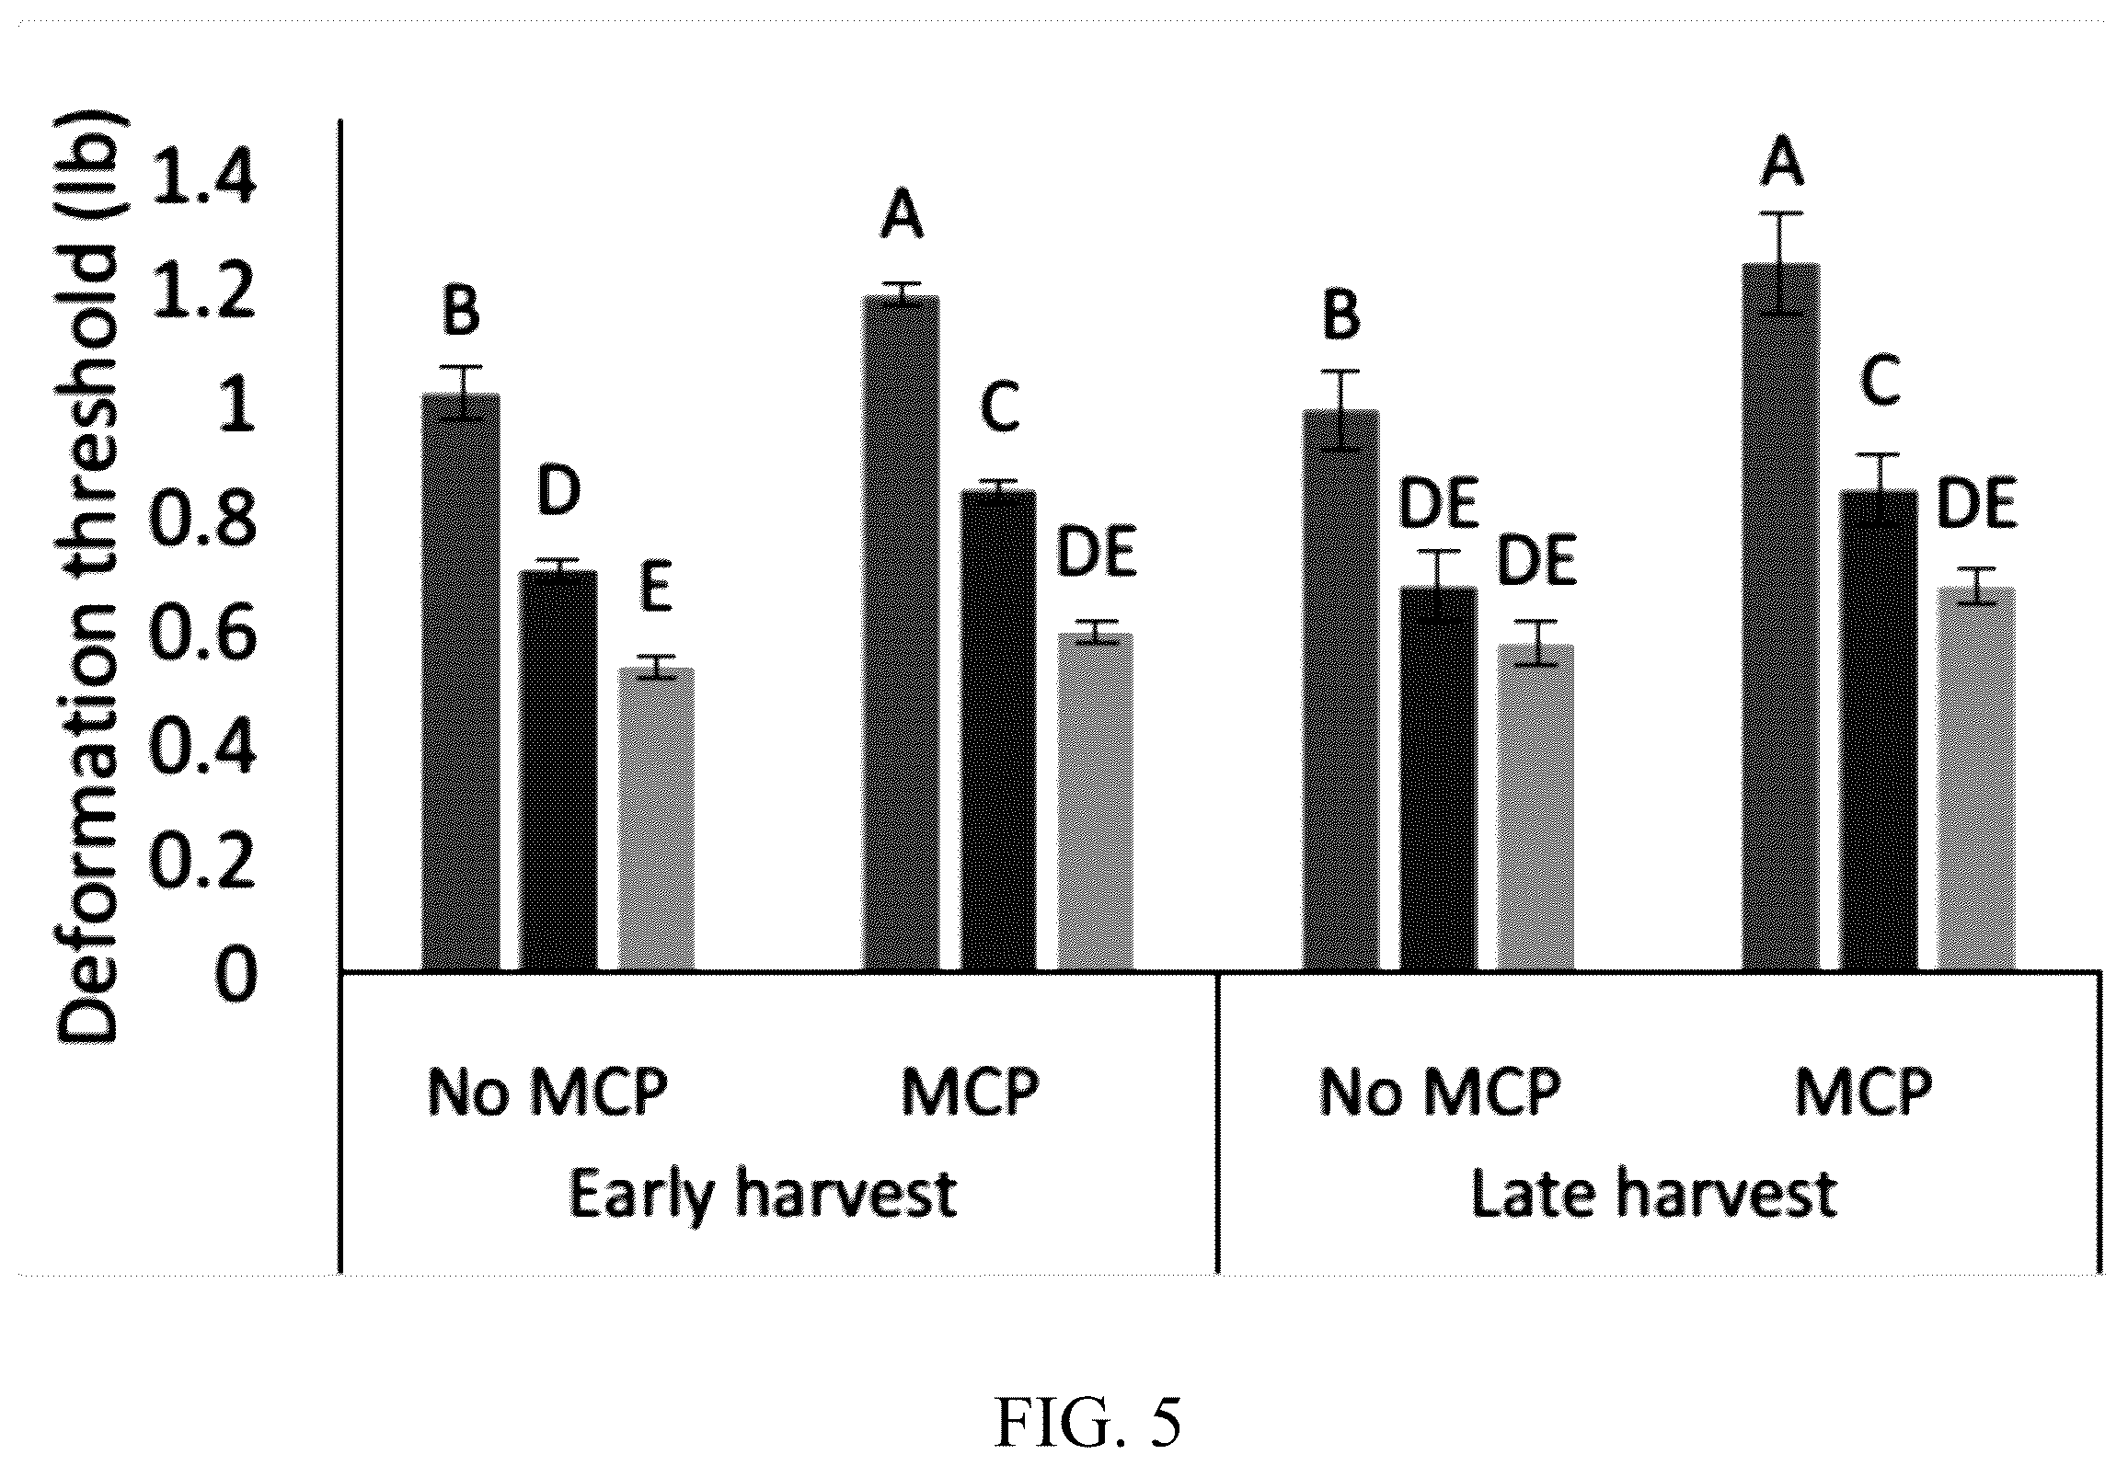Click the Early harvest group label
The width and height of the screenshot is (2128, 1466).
(763, 1195)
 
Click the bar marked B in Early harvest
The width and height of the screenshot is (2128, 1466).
(461, 681)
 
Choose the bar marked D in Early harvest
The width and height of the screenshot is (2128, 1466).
(558, 771)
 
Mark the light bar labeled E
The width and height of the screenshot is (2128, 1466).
(655, 819)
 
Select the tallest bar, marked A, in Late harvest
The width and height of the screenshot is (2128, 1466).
(1781, 617)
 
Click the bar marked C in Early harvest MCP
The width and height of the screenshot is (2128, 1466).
(998, 730)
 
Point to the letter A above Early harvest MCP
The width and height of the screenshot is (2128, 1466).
(901, 217)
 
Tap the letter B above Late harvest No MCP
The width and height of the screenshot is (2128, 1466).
(1340, 315)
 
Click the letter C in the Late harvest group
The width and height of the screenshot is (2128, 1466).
(1880, 381)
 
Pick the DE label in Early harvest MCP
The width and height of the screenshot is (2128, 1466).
(1096, 554)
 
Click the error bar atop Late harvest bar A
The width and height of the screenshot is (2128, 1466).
(1781, 264)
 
